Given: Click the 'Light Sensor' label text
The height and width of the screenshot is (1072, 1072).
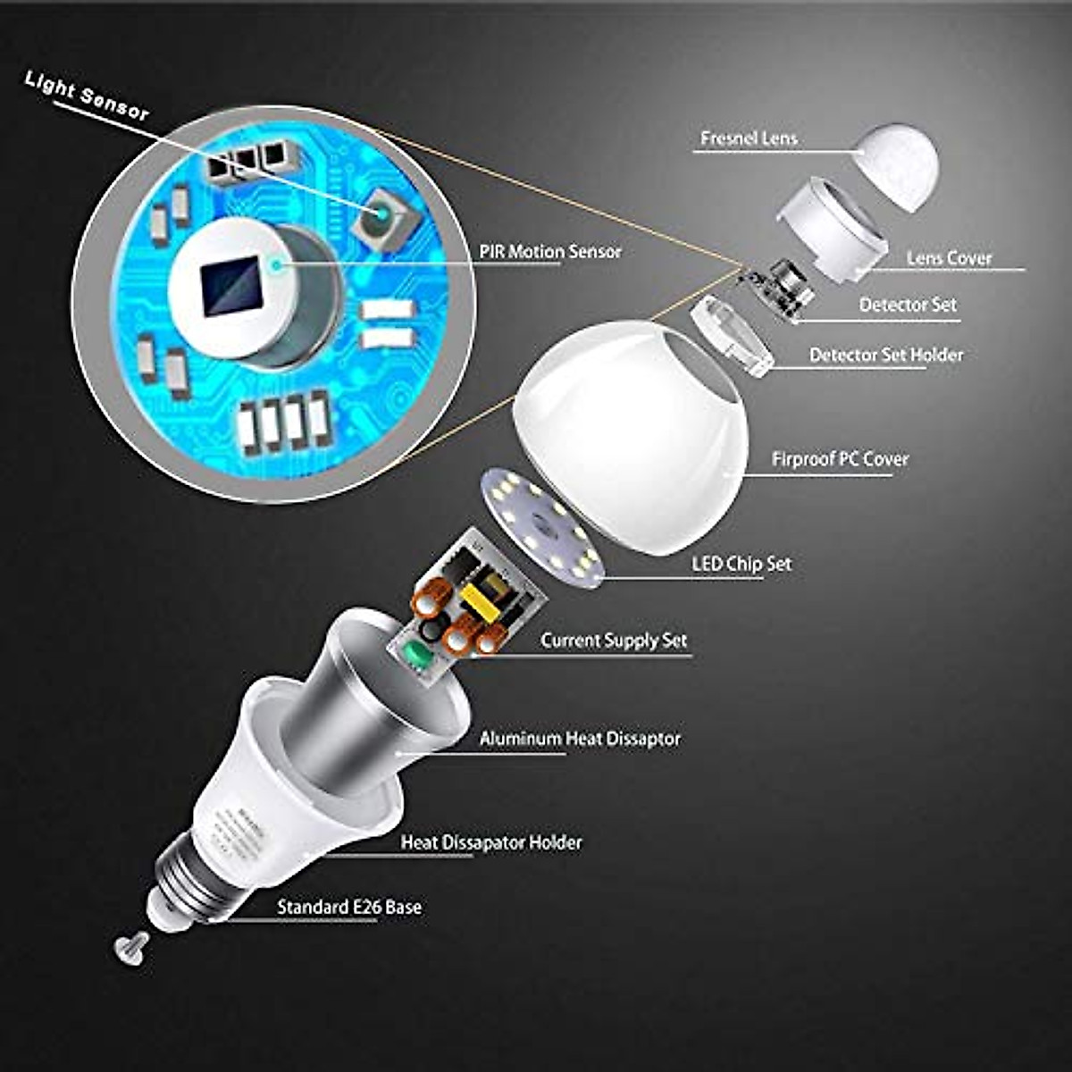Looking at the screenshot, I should [87, 96].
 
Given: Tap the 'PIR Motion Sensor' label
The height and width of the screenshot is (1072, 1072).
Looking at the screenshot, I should [550, 251].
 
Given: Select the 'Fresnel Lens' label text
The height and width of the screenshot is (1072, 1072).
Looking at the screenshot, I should [749, 138].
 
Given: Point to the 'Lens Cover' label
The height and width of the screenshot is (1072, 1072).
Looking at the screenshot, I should [949, 258].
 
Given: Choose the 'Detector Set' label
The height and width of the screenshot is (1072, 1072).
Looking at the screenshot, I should [908, 306].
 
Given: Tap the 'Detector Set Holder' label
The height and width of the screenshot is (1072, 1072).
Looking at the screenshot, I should [885, 355].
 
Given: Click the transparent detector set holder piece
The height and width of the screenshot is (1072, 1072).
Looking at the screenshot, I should [731, 334].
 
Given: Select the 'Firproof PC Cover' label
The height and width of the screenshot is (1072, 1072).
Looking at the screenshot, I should [840, 459].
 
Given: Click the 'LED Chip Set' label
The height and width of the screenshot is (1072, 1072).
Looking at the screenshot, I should [741, 565].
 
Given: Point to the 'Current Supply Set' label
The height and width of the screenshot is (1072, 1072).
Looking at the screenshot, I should [614, 641].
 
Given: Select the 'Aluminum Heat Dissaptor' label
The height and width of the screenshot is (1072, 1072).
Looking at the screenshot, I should [580, 739].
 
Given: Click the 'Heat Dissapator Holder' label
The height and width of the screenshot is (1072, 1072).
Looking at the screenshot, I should [490, 842].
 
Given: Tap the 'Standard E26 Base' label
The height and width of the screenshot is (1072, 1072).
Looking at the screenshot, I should [348, 907].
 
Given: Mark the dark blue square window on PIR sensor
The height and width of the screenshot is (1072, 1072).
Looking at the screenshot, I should [231, 287].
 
